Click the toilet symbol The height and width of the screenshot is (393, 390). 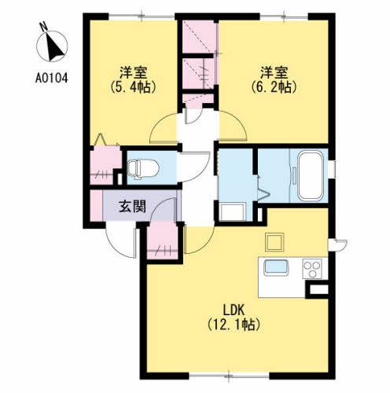click(x=143, y=169)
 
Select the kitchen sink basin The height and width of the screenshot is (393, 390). click(x=276, y=267)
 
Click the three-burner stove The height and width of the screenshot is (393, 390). click(x=312, y=268)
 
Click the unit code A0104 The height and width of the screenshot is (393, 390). click(x=52, y=78)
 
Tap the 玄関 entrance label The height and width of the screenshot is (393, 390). click(x=132, y=206)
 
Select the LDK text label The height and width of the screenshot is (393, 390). click(x=234, y=310)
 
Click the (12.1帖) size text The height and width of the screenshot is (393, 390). click(x=234, y=325)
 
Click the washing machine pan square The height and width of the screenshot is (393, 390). click(x=233, y=211)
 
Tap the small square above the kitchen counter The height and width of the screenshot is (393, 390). click(x=274, y=242)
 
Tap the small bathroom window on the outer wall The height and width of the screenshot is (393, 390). click(x=332, y=169)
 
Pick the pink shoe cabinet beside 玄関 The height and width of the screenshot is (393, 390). click(x=96, y=205)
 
